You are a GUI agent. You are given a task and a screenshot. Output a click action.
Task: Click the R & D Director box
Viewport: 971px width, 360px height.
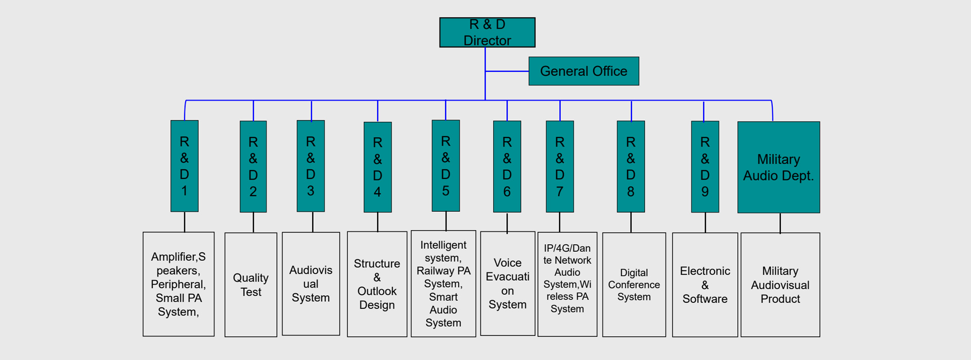487,32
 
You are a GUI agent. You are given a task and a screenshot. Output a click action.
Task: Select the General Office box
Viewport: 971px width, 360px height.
584,71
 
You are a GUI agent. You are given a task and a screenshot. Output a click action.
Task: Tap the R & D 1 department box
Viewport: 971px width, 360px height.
185,166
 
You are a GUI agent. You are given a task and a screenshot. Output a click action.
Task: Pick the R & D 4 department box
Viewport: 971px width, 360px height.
378,167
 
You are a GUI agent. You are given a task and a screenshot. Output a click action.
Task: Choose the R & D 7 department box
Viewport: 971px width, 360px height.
560,166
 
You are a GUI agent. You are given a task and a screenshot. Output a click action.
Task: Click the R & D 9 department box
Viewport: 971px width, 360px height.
705,166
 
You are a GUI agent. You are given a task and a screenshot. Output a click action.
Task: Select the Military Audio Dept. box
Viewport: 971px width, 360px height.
779,167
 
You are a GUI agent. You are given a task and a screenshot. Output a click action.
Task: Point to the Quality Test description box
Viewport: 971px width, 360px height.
251,285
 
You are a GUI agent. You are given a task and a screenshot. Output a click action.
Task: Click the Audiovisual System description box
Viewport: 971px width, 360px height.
311,284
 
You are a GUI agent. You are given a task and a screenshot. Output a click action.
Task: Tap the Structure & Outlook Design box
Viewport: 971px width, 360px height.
377,284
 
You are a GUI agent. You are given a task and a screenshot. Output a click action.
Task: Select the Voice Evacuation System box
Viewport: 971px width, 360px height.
508,284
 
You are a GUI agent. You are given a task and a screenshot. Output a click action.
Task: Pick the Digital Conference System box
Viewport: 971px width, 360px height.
634,285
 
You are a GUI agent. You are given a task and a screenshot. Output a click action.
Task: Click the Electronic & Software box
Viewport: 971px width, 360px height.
705,285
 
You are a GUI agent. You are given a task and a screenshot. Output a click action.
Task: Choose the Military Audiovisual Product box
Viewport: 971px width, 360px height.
780,285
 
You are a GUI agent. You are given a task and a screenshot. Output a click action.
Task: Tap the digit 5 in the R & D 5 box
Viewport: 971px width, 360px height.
446,191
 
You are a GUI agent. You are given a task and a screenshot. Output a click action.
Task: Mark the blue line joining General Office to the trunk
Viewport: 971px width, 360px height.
507,71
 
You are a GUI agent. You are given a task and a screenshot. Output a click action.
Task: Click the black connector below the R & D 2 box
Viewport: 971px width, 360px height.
253,222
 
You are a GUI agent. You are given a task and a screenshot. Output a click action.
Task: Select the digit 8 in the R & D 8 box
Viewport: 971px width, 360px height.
631,192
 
